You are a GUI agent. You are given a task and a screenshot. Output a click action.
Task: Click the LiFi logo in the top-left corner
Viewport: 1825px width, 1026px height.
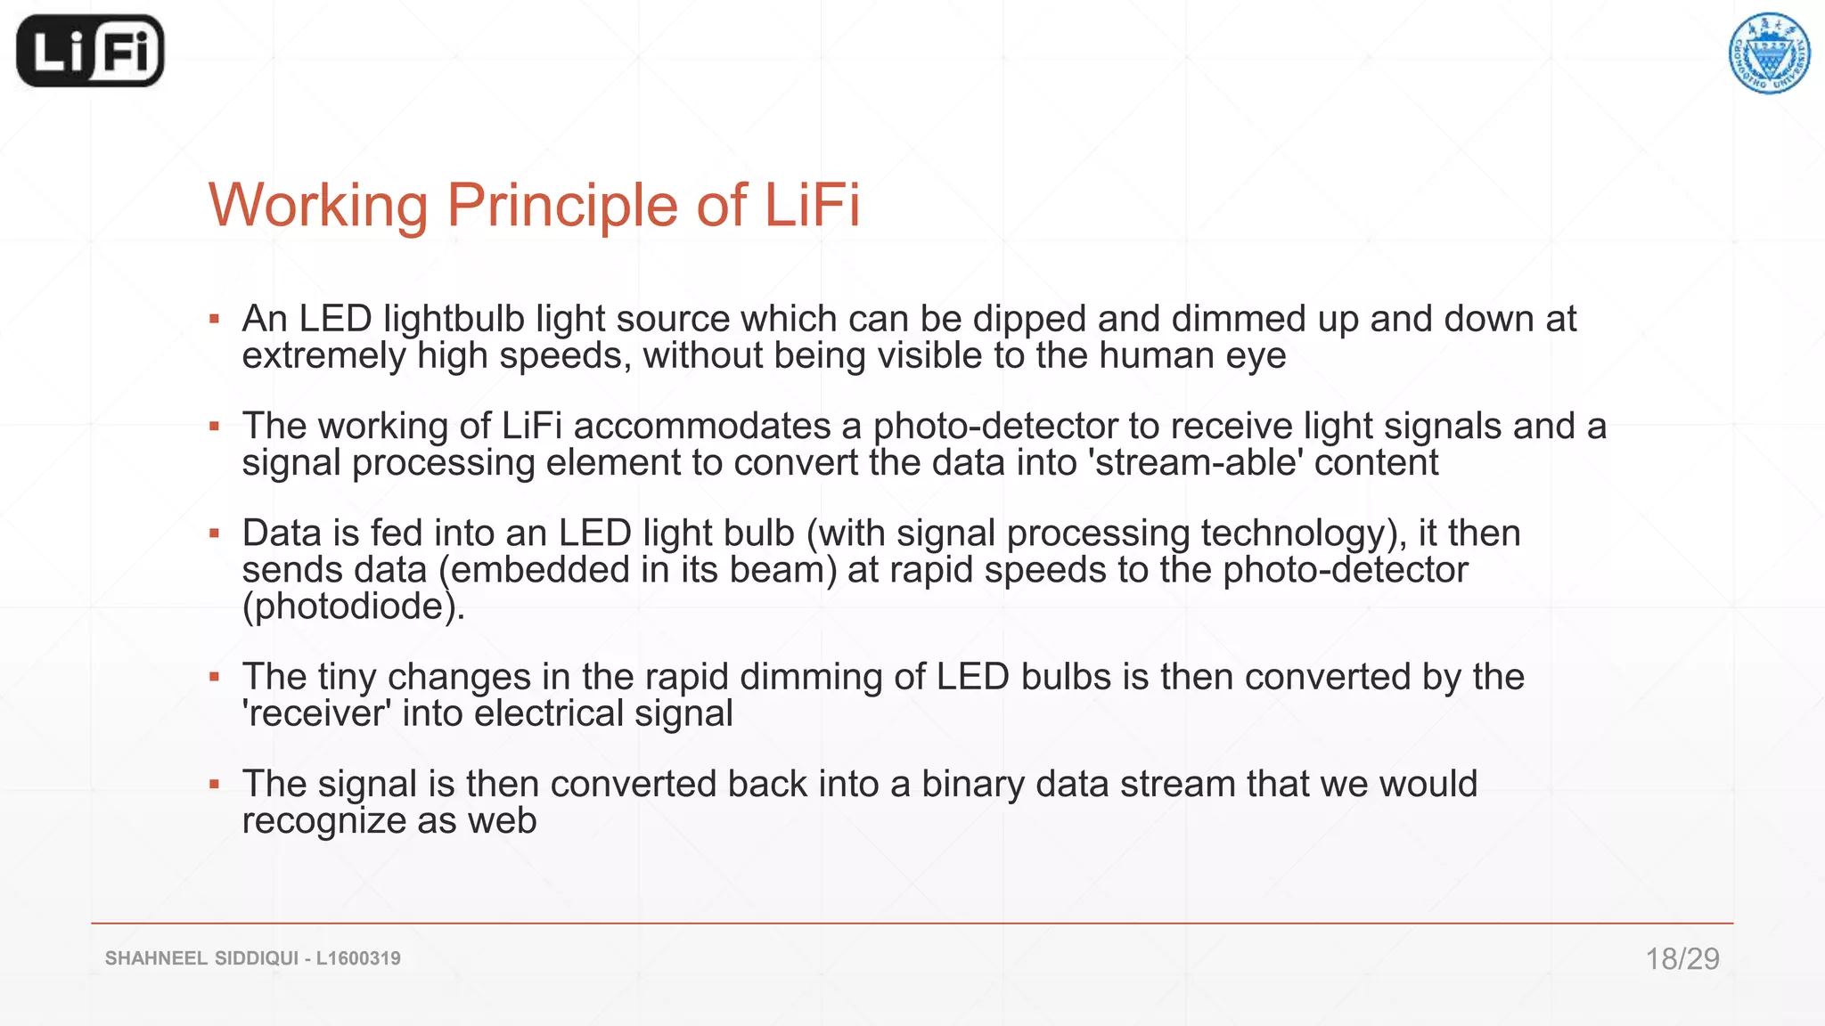pyautogui.click(x=90, y=52)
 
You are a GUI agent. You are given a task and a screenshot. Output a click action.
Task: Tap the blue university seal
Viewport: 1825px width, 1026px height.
pyautogui.click(x=1769, y=53)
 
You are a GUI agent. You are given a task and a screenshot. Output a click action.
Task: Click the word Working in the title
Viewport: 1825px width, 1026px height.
pyautogui.click(x=319, y=206)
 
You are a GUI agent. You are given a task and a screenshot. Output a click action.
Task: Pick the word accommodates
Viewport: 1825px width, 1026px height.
pyautogui.click(x=702, y=426)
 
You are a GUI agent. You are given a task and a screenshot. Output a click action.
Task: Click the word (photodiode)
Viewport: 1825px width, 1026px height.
pyautogui.click(x=353, y=607)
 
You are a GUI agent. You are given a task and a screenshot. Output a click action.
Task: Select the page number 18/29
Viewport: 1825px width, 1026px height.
pyautogui.click(x=1682, y=958)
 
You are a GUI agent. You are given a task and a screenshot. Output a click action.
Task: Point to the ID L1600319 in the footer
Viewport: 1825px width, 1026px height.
pyautogui.click(x=358, y=958)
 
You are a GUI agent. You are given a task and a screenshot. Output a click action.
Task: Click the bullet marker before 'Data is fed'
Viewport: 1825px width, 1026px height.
pyautogui.click(x=214, y=533)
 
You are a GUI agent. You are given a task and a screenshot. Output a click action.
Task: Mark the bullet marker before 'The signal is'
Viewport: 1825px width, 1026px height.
pyautogui.click(x=214, y=785)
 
